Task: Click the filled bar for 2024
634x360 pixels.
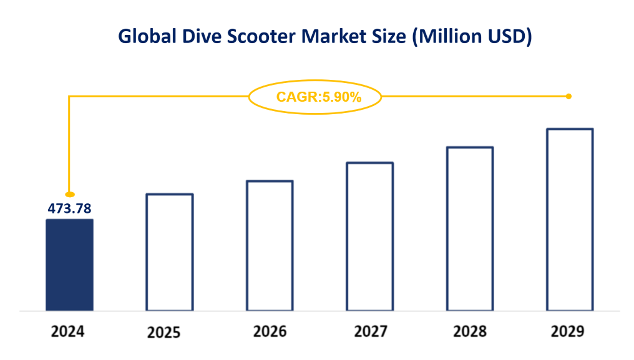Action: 69,265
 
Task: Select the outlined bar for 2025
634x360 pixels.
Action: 170,252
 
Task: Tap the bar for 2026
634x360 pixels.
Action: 270,245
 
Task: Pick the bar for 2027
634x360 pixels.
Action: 369,236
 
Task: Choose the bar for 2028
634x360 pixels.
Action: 470,228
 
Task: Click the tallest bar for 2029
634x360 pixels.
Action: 570,219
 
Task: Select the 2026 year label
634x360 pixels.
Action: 270,331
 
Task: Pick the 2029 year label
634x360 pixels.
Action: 568,331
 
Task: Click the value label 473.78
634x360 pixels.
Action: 70,208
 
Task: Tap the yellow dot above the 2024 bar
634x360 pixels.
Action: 70,194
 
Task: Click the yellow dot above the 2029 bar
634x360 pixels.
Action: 568,96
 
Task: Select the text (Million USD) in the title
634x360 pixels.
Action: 471,37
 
